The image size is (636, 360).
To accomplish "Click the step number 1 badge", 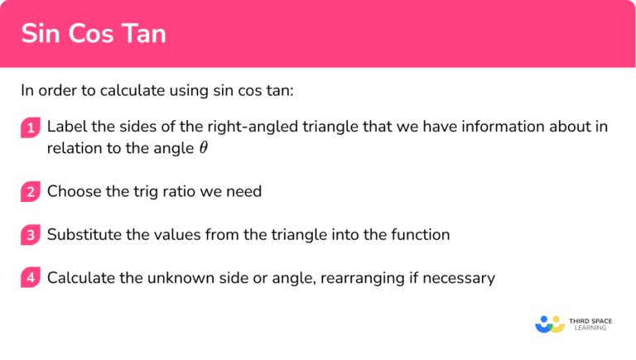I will (x=30, y=127).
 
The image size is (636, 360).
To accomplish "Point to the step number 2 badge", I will (x=30, y=192).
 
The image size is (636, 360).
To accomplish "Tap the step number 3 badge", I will (x=30, y=235).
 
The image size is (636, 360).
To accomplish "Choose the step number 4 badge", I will (x=30, y=278).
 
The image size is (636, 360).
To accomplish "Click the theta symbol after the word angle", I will (x=204, y=148).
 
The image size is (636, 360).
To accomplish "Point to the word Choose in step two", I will (x=72, y=191).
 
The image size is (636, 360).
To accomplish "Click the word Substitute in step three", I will (x=82, y=234).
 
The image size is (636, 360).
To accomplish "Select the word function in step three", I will (x=421, y=234).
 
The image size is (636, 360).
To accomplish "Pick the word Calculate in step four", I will (x=80, y=277).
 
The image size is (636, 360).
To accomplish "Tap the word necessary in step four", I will (x=458, y=277).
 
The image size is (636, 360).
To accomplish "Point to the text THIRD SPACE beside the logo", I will (x=589, y=319).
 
